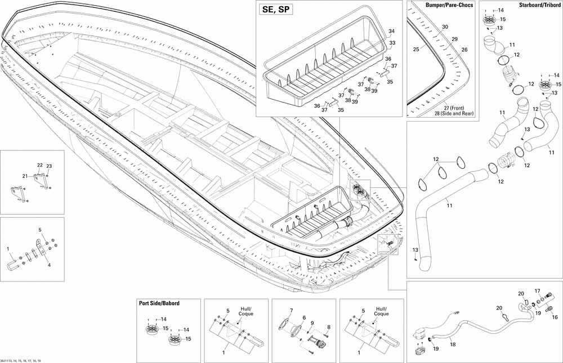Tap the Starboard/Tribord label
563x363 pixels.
coord(539,5)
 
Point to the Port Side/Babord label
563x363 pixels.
coord(159,303)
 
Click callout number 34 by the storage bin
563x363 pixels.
coord(392,31)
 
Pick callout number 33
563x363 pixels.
coord(392,43)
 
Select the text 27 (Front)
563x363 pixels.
coord(453,108)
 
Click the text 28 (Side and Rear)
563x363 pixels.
coord(453,114)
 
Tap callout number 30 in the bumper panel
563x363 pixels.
coord(445,27)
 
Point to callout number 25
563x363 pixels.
coord(416,50)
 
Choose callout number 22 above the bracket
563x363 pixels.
coord(40,165)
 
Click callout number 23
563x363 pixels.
coord(49,166)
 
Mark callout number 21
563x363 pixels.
coord(25,176)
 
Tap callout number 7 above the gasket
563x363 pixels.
coord(292,311)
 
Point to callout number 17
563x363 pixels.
coord(538,291)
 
